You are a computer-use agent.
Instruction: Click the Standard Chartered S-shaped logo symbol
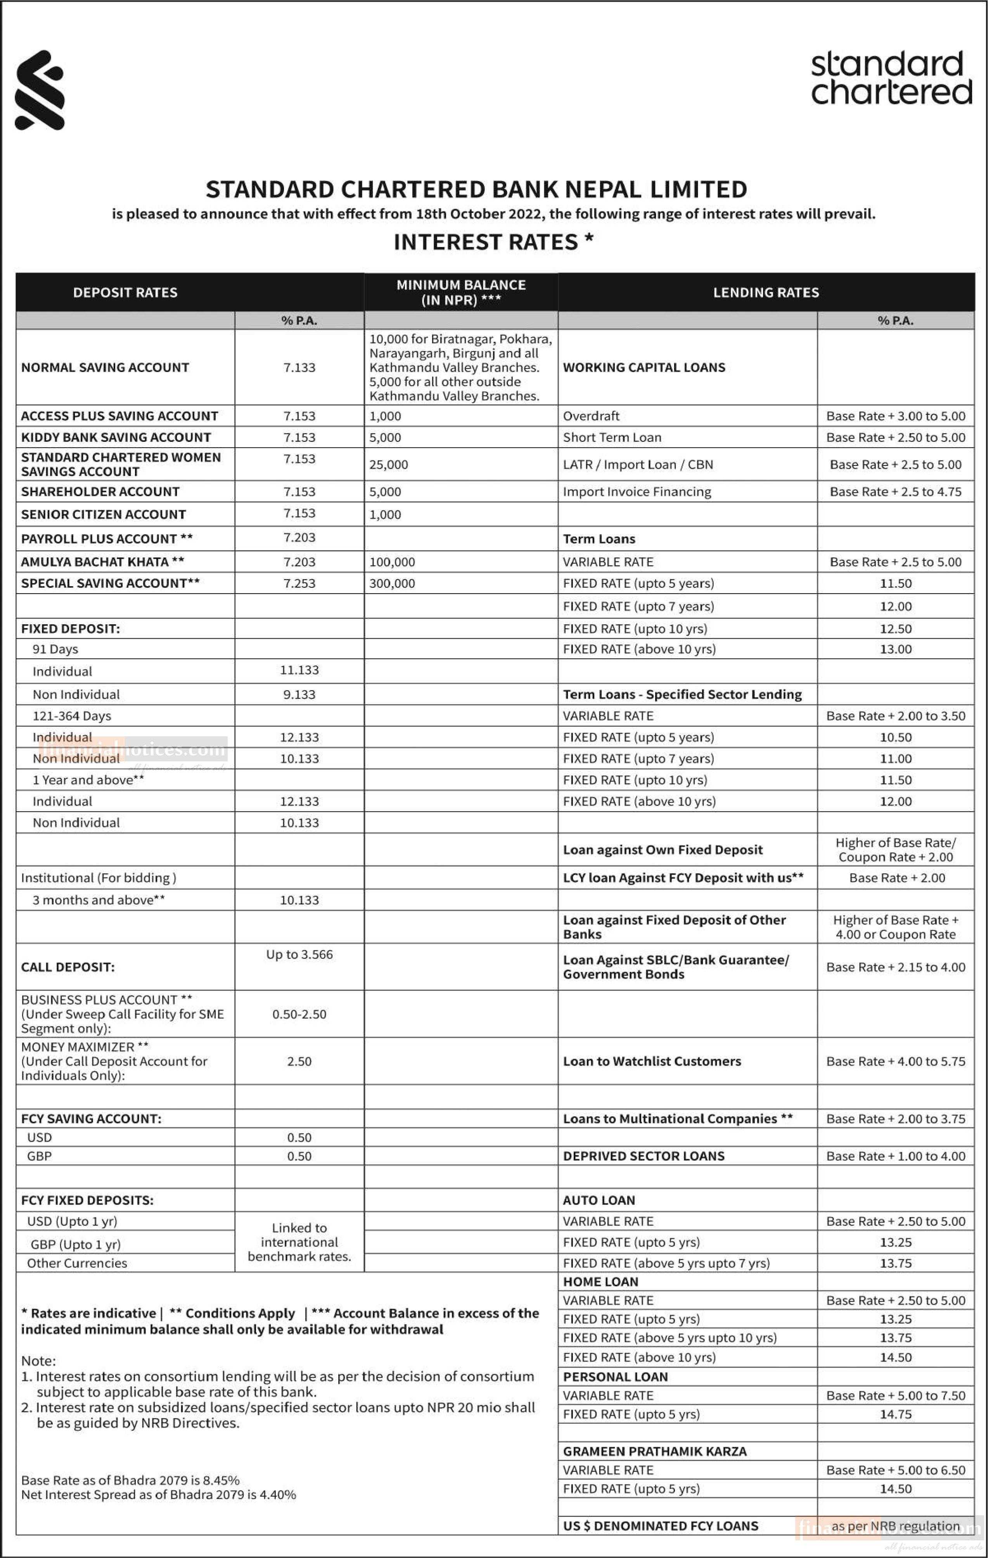40,90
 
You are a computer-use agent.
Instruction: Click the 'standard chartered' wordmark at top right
891,78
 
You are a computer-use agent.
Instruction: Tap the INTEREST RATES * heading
493,242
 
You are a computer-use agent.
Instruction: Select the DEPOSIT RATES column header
125,293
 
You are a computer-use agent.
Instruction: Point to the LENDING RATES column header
765,293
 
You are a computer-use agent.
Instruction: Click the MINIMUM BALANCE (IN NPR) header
461,293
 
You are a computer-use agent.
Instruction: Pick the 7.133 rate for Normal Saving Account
299,367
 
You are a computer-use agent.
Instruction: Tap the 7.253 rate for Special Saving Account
299,583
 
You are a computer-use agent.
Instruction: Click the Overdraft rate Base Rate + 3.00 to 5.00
895,416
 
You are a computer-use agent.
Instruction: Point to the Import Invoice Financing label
636,492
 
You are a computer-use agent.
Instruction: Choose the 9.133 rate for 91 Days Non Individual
299,694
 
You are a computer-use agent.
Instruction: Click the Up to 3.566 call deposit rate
299,954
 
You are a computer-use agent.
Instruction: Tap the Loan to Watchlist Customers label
652,1061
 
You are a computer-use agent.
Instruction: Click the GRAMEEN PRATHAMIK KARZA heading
654,1451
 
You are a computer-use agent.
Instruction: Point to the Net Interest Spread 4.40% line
159,1495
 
